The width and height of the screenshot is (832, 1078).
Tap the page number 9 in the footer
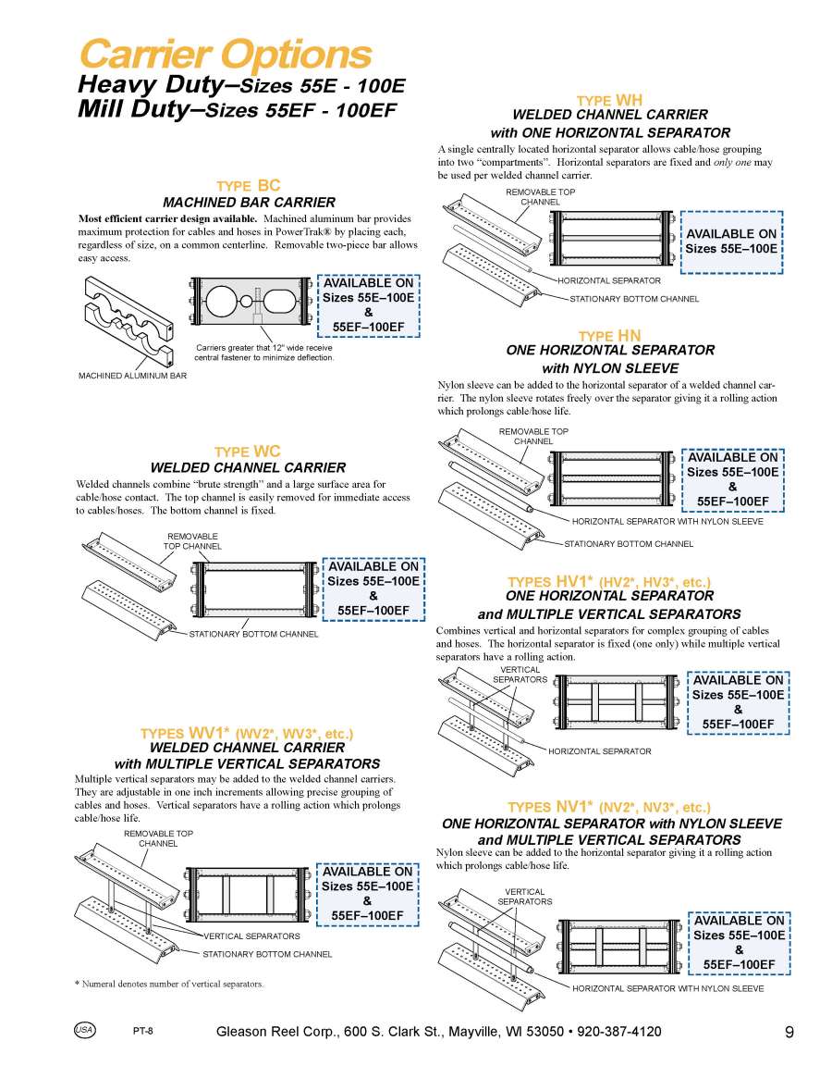[x=789, y=1033]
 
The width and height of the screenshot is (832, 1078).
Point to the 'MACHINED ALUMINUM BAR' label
[x=132, y=376]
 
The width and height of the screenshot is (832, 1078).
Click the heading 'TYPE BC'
[x=248, y=186]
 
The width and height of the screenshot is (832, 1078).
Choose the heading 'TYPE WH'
[x=609, y=100]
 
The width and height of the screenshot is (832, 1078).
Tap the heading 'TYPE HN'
[x=609, y=335]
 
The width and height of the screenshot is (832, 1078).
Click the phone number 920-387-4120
[x=619, y=1032]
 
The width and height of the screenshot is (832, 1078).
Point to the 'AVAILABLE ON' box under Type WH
[x=731, y=242]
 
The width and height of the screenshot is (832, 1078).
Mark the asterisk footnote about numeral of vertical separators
[x=168, y=984]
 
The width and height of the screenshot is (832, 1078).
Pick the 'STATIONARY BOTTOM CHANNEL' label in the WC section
[x=253, y=634]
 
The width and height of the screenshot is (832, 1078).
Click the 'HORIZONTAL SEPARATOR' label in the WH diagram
[x=609, y=279]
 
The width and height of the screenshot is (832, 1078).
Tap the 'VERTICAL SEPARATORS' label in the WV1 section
[x=251, y=936]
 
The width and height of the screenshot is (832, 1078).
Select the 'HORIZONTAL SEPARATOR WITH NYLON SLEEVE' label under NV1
[x=667, y=988]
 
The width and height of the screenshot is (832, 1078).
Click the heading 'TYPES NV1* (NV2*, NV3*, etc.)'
[x=609, y=807]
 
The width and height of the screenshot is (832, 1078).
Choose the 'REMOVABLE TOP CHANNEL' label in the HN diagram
[x=533, y=436]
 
